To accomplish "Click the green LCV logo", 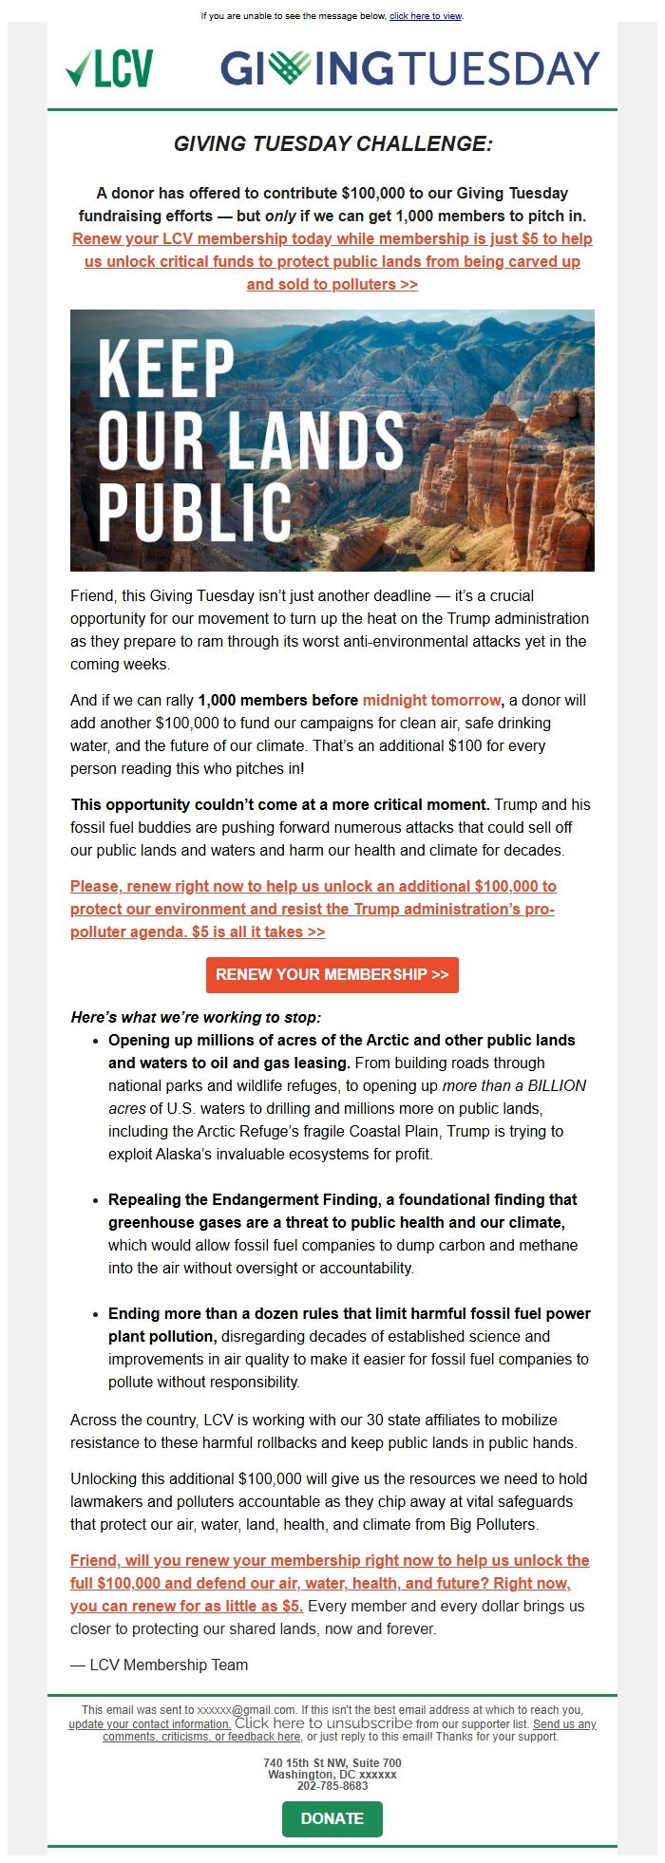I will (109, 69).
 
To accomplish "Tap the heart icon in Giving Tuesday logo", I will (289, 67).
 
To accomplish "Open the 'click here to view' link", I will (426, 16).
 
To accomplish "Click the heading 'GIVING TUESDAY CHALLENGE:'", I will (332, 143).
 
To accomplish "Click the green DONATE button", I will (332, 1818).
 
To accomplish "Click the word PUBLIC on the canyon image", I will (195, 512).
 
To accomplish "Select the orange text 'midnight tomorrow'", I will (431, 700).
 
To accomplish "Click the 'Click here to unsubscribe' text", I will (323, 1723).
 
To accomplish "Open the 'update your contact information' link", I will (149, 1724).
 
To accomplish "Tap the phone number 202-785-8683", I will (332, 1786).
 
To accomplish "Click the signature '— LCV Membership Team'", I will (159, 1665).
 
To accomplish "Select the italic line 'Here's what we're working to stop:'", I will (196, 1017).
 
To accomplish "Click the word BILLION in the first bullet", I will (557, 1085).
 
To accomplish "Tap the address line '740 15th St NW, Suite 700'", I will (332, 1763).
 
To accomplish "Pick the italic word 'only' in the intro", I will (280, 216).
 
